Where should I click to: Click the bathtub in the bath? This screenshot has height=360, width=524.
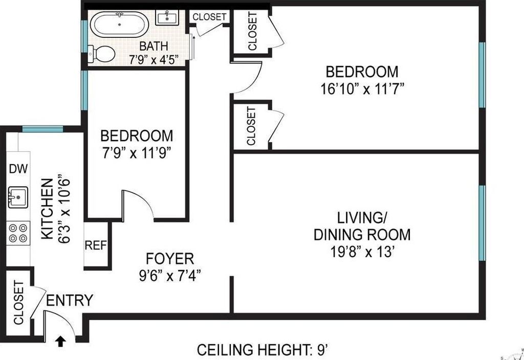click(120, 24)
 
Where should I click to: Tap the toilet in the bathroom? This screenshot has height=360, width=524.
click(102, 53)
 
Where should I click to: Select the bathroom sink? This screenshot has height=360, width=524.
click(167, 17)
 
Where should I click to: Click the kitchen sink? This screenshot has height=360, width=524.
click(18, 197)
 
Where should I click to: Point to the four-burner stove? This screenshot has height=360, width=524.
click(18, 233)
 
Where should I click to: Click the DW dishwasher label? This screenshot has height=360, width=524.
click(18, 169)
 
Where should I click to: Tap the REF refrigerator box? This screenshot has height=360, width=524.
click(96, 245)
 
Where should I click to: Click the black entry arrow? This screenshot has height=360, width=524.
click(60, 341)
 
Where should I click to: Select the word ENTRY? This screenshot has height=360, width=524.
click(70, 300)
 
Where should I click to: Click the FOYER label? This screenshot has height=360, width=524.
click(170, 259)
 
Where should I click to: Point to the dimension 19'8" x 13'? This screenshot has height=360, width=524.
click(363, 252)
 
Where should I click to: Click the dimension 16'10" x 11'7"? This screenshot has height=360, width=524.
click(363, 89)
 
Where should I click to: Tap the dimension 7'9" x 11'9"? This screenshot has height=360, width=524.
click(137, 153)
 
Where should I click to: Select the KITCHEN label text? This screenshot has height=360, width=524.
click(47, 209)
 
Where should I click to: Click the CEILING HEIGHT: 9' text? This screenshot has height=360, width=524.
click(263, 350)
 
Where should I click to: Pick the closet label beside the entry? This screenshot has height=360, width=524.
click(19, 303)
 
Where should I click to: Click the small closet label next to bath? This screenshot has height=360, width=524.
click(209, 17)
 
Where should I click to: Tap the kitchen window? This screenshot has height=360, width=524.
click(42, 129)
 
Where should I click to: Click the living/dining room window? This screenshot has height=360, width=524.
click(482, 223)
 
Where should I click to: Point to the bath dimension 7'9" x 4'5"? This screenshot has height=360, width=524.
click(154, 60)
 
